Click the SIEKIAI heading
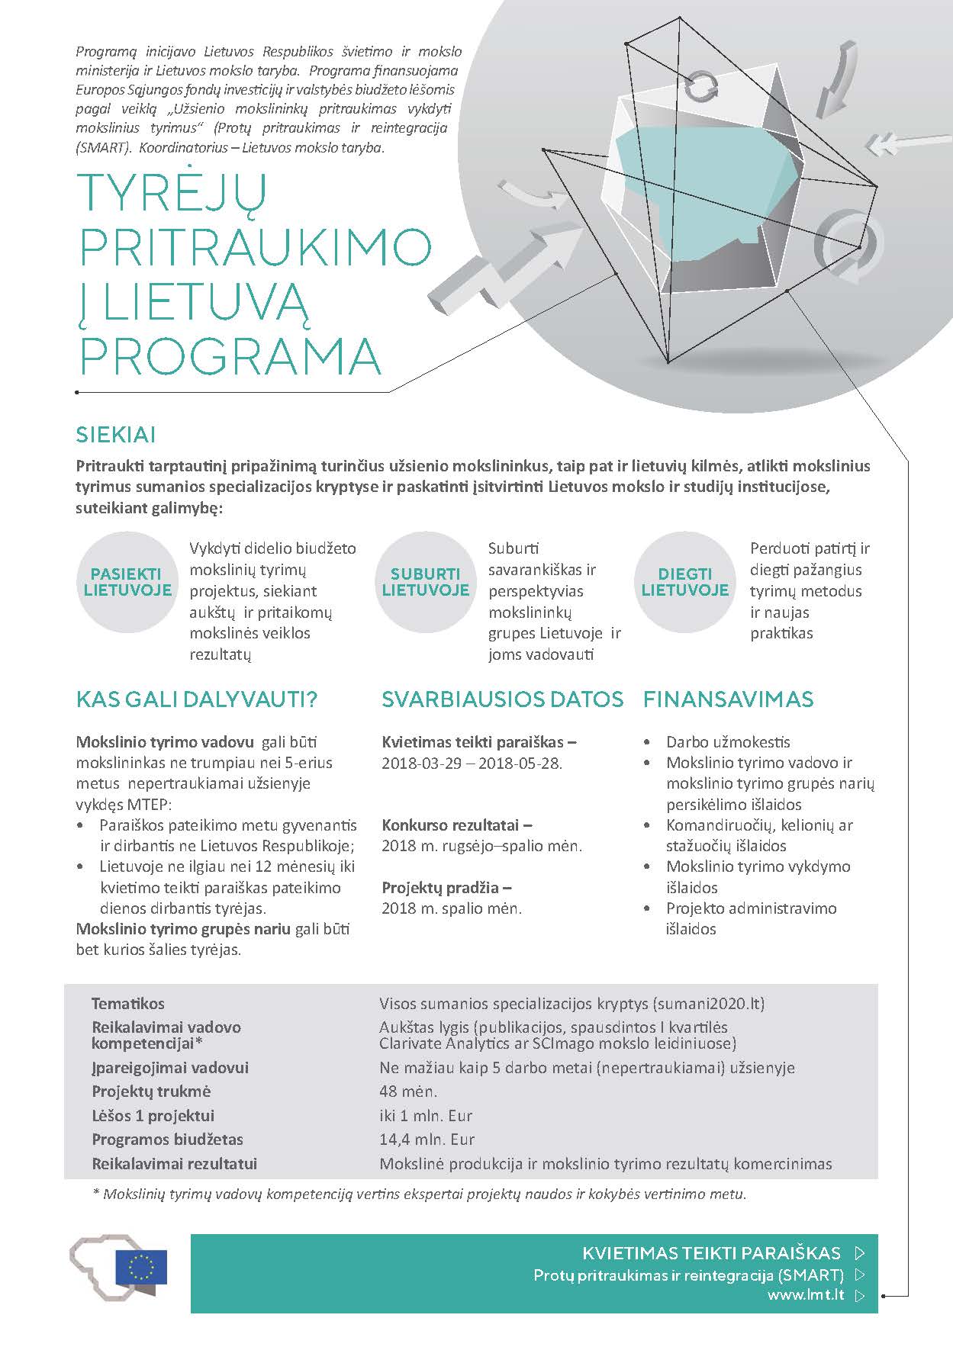[116, 435]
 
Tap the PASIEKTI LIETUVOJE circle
[127, 582]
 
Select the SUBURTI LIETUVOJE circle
[425, 582]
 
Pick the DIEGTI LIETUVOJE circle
[684, 582]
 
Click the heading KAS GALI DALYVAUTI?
[197, 699]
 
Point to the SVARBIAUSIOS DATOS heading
[503, 699]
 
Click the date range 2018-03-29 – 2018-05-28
[472, 763]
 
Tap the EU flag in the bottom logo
[141, 1267]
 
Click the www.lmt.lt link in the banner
[806, 1295]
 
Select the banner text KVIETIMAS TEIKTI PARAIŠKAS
[711, 1252]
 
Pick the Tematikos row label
[128, 1004]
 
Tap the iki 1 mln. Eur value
[426, 1115]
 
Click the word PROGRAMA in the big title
[230, 355]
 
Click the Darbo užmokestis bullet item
[728, 741]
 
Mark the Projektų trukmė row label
[151, 1091]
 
